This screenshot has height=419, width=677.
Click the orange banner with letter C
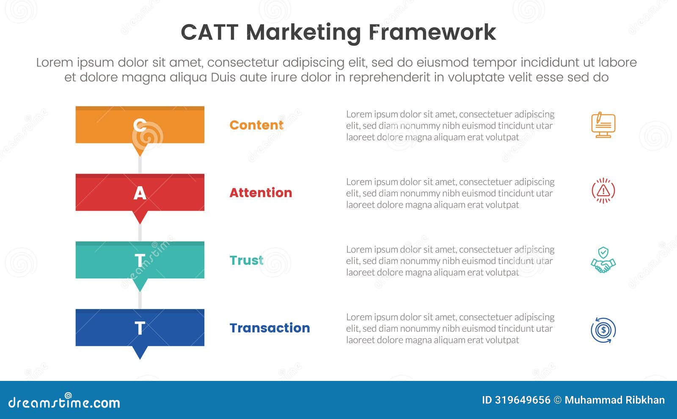tap(140, 125)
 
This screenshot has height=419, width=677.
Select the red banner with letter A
tap(140, 193)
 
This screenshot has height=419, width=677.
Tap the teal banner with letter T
tap(140, 260)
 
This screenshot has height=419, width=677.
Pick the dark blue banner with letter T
tap(140, 328)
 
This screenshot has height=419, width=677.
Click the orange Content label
tap(256, 125)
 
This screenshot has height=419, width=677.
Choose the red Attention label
tap(261, 193)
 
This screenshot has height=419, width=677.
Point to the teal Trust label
tap(246, 260)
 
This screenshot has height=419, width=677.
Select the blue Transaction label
tap(270, 328)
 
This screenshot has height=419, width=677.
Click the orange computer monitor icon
tap(603, 125)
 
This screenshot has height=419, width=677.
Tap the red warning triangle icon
tap(603, 191)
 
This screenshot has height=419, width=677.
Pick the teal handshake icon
tap(603, 260)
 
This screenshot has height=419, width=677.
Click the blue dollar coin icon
tap(603, 330)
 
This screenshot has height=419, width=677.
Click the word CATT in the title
tap(209, 32)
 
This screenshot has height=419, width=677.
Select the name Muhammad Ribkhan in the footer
tap(614, 400)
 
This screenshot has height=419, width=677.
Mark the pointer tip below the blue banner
tap(140, 357)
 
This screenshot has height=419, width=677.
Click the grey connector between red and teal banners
tap(140, 233)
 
